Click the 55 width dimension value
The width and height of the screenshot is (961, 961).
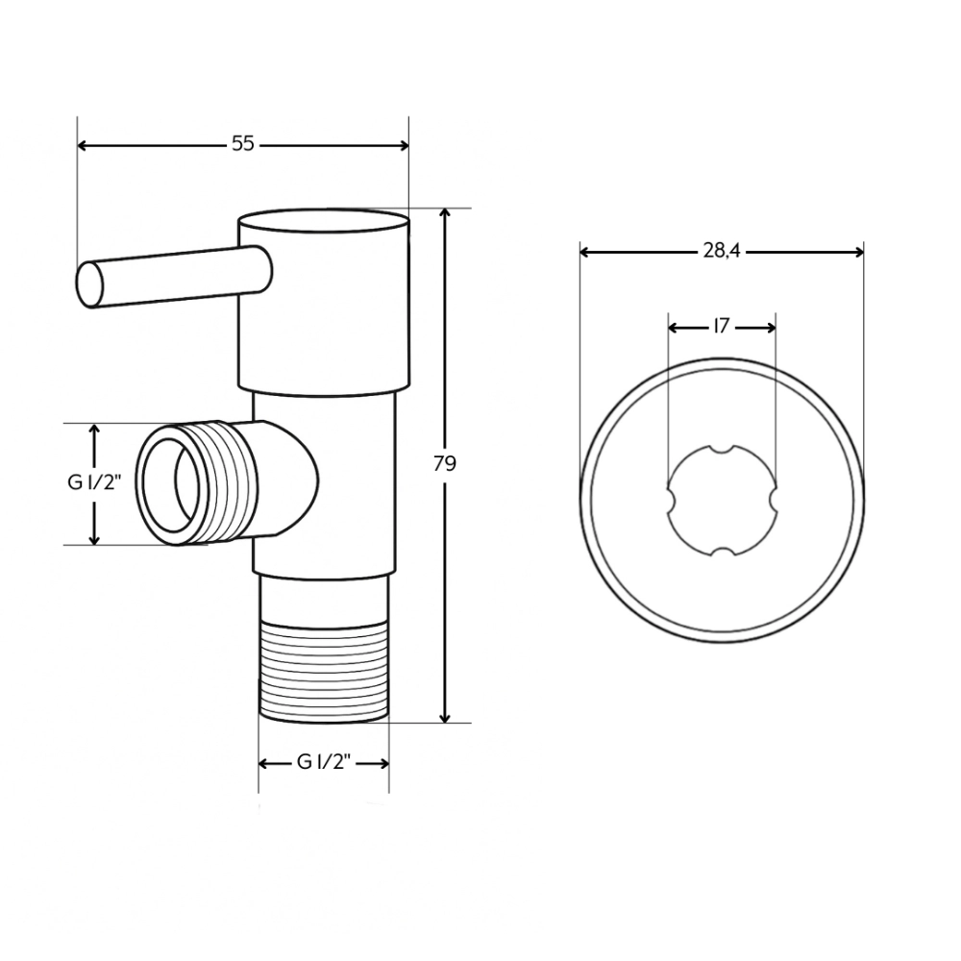pos(242,144)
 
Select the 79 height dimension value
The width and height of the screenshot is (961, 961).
pos(444,463)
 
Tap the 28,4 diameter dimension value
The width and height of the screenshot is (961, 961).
pos(721,251)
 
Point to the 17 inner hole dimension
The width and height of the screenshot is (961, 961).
pos(721,327)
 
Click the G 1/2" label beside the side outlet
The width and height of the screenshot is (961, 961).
pos(92,483)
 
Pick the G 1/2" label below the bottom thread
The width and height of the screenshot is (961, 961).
pos(323,762)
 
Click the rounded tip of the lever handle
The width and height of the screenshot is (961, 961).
pos(89,284)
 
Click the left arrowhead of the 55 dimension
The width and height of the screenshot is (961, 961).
pos(83,145)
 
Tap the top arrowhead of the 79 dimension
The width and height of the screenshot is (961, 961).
pos(444,214)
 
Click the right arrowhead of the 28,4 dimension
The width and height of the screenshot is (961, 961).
pos(858,252)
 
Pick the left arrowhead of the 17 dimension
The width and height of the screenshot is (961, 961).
pos(674,328)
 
